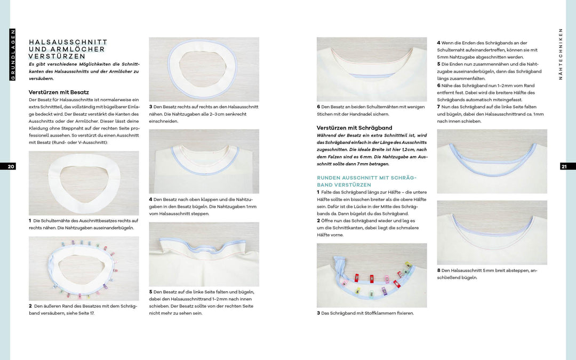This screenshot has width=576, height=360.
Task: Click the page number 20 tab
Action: point(11,166)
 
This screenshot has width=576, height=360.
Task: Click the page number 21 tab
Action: point(564,166)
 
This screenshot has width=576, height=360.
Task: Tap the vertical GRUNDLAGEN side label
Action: point(13,55)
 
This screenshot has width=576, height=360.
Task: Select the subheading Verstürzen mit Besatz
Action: point(59,92)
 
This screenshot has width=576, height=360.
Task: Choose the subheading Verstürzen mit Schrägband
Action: point(354,128)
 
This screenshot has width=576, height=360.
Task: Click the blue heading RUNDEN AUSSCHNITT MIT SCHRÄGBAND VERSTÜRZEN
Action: point(366,181)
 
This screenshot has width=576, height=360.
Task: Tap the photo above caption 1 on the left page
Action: point(84,183)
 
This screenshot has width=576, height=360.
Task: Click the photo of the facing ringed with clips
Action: point(84,268)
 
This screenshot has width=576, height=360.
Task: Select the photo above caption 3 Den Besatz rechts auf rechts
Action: point(204,69)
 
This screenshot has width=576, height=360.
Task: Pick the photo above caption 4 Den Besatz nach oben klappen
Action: point(204,161)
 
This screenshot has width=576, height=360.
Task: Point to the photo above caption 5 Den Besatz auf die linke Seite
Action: point(204,254)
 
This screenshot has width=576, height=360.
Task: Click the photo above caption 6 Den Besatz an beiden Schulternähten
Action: point(372,69)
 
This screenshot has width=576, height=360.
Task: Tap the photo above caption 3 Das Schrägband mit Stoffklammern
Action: point(372,275)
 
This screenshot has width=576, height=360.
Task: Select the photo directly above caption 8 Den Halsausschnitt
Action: point(492,233)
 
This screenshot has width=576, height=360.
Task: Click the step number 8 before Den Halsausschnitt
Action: point(439,270)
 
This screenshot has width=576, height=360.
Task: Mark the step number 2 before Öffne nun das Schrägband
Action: point(318,220)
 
